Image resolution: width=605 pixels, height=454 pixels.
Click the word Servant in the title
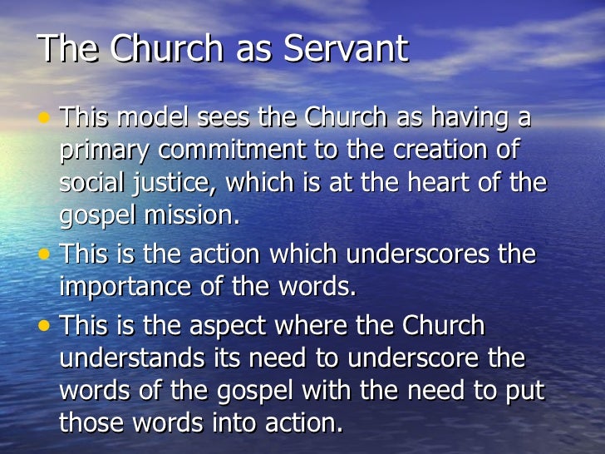[347, 49]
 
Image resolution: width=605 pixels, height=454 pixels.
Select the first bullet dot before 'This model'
[44, 117]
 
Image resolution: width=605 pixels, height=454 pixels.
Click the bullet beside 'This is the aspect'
[44, 325]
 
